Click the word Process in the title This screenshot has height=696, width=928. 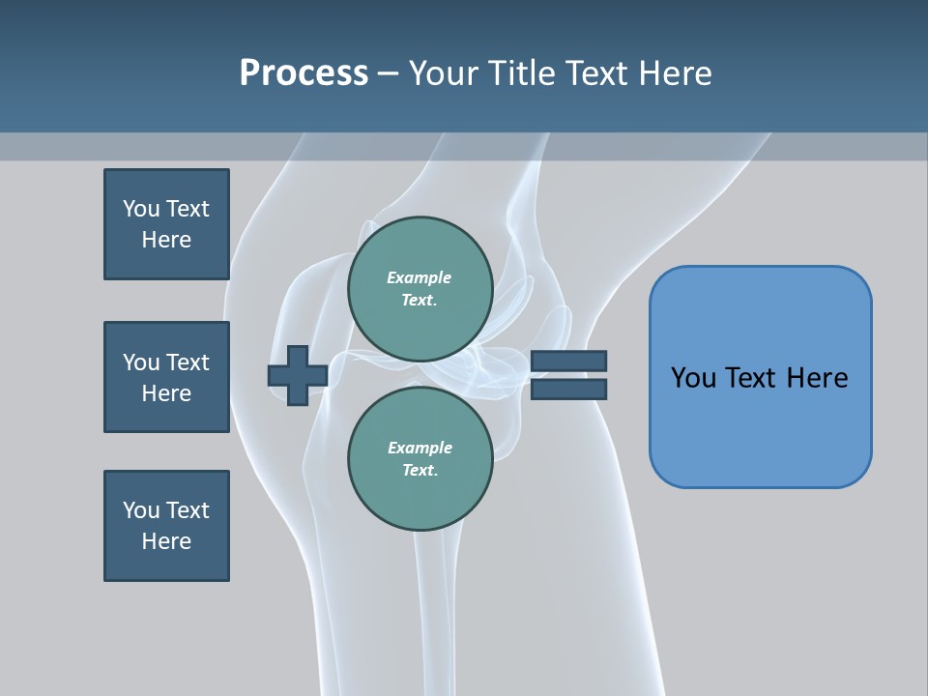[x=304, y=73]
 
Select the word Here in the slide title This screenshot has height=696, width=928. [x=672, y=73]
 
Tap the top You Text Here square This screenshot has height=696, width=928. [x=166, y=224]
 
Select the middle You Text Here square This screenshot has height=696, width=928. [x=166, y=377]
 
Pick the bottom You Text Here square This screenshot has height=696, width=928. [x=166, y=526]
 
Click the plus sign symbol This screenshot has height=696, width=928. [x=298, y=375]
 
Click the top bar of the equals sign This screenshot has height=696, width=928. [x=568, y=362]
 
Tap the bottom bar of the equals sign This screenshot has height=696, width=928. [x=568, y=389]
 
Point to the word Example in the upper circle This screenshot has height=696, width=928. [x=419, y=277]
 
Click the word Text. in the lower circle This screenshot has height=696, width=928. [x=420, y=471]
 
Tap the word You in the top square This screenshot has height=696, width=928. [x=141, y=209]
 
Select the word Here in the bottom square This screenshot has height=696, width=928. [x=166, y=541]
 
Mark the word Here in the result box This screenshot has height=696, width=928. [x=817, y=378]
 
